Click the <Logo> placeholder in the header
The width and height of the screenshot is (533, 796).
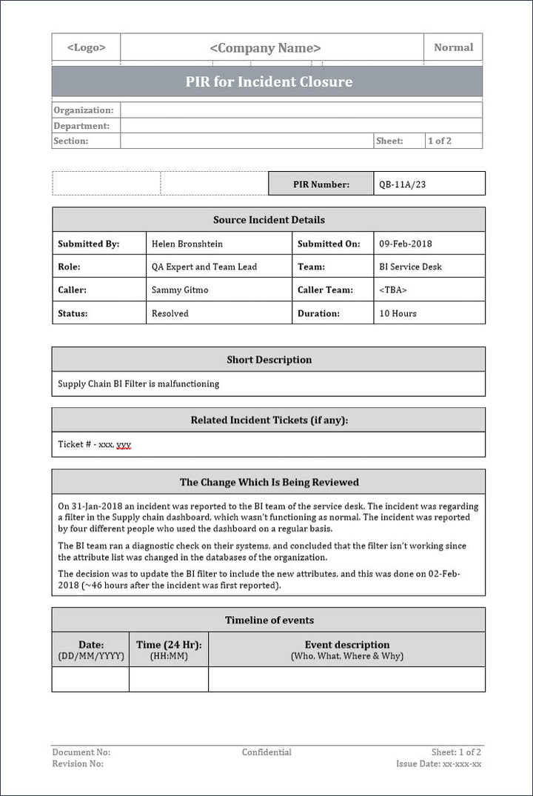(86, 47)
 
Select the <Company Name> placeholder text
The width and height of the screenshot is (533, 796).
(265, 48)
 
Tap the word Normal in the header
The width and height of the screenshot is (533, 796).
(453, 47)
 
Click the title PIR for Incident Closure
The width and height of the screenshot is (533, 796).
(269, 81)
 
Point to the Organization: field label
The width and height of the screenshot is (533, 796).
(84, 110)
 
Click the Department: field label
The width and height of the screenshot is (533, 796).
(81, 126)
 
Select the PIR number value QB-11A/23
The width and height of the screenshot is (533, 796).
(403, 184)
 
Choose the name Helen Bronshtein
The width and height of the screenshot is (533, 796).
(187, 244)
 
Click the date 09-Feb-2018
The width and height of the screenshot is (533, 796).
(406, 244)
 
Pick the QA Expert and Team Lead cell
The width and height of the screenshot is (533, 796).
(204, 267)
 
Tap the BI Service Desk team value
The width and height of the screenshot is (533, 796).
(410, 267)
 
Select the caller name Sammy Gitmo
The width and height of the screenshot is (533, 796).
(180, 290)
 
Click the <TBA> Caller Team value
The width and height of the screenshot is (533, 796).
(393, 290)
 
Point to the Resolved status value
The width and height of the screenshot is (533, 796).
(170, 313)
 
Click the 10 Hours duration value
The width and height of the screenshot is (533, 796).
(398, 313)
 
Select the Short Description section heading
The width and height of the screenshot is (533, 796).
(269, 360)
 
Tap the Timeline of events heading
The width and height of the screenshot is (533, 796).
(269, 621)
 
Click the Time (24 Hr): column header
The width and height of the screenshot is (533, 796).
(169, 645)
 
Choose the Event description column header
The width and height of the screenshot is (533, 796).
(347, 645)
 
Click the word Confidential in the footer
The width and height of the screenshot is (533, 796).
(266, 752)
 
